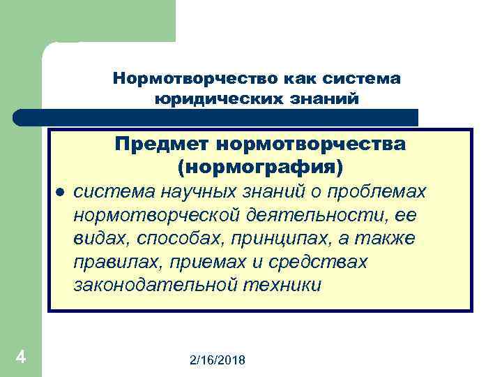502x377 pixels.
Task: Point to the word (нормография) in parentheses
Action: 261,168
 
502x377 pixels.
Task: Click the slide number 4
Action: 21,357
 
